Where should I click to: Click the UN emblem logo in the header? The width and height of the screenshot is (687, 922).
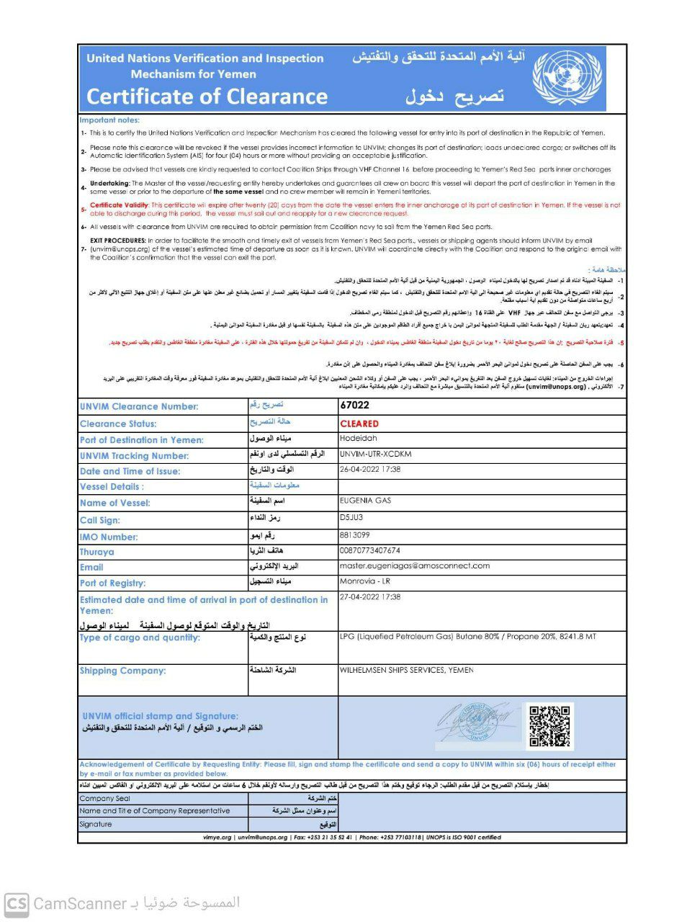(567, 78)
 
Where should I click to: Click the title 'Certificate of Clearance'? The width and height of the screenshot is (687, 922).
(207, 97)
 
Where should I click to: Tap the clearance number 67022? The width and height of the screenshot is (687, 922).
(354, 406)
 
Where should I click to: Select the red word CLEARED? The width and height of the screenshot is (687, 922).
(359, 424)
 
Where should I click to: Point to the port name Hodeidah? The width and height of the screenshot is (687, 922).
(359, 438)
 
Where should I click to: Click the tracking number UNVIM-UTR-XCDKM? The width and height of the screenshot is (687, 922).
(375, 455)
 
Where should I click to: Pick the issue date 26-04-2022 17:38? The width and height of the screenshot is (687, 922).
(370, 470)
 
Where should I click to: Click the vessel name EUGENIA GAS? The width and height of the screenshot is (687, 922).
(365, 501)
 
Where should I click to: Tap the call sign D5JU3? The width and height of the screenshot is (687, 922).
(351, 517)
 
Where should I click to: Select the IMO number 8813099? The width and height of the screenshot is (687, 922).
(354, 535)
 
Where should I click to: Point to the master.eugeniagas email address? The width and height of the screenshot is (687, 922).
(414, 566)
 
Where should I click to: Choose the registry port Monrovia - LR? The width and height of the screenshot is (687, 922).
(364, 581)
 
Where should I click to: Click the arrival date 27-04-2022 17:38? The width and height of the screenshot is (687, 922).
(370, 597)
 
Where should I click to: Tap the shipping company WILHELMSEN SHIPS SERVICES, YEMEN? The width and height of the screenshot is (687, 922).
(406, 671)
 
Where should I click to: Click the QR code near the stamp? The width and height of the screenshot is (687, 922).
(549, 726)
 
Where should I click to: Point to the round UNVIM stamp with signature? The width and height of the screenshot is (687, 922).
(477, 722)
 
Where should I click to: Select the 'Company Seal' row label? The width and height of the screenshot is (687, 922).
(105, 799)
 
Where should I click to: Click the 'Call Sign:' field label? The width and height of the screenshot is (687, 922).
(100, 520)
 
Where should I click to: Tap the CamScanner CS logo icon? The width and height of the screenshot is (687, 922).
(17, 904)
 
